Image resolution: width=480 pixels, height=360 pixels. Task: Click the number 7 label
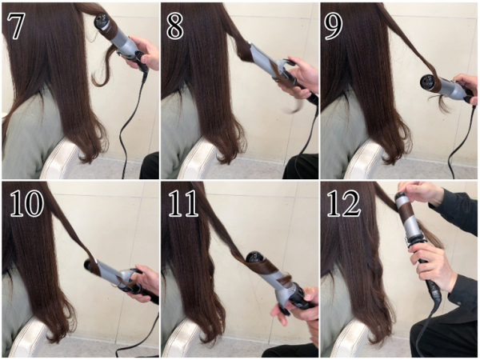point(15,26)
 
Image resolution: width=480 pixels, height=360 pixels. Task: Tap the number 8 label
point(174,26)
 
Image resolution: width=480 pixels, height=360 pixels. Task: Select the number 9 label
point(334,26)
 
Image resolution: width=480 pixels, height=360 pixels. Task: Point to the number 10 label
point(27,203)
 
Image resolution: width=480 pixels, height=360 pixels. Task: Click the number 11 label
point(183,203)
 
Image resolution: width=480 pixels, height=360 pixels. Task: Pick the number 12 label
point(344,203)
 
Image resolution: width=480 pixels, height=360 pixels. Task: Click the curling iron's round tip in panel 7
point(102,21)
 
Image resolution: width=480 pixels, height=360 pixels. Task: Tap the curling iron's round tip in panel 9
point(427,81)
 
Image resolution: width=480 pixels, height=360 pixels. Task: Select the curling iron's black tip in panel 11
point(254,258)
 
